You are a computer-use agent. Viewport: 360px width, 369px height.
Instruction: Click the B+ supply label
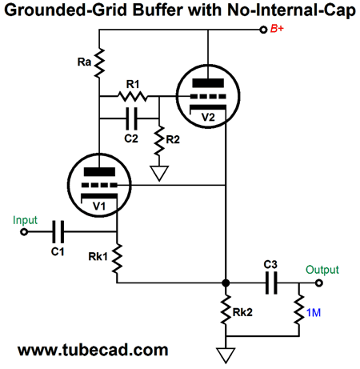pyautogui.click(x=277, y=29)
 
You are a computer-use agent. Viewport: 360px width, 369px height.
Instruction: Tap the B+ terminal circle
pyautogui.click(x=263, y=30)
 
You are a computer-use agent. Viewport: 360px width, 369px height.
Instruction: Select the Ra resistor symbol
pyautogui.click(x=99, y=63)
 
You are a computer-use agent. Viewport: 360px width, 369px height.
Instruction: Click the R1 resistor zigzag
pyautogui.click(x=133, y=96)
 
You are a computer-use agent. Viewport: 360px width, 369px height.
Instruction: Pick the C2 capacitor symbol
pyautogui.click(x=131, y=118)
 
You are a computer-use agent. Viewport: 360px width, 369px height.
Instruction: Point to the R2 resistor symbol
pyautogui.click(x=159, y=141)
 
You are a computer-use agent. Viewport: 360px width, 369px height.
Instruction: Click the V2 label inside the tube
pyautogui.click(x=208, y=117)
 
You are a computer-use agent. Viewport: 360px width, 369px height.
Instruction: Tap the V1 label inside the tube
pyautogui.click(x=99, y=207)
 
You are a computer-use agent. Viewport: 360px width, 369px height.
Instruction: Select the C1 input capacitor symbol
pyautogui.click(x=58, y=231)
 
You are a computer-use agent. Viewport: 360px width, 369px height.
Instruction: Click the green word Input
pyautogui.click(x=25, y=220)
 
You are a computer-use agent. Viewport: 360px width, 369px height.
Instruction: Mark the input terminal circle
pyautogui.click(x=24, y=232)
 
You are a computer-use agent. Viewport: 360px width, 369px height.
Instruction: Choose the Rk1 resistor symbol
pyautogui.click(x=117, y=259)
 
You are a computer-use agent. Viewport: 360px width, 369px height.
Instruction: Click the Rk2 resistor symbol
pyautogui.click(x=226, y=310)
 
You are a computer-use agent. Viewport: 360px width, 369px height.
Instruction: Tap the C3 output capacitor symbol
pyautogui.click(x=271, y=283)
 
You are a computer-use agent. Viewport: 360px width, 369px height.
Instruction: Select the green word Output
pyautogui.click(x=322, y=270)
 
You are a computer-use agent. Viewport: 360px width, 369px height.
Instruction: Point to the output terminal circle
pyautogui.click(x=319, y=283)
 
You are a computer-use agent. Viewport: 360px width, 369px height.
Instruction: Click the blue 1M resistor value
pyautogui.click(x=314, y=313)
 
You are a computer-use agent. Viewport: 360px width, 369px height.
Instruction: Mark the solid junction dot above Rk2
pyautogui.click(x=226, y=283)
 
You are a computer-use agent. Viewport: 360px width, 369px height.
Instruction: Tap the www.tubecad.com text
pyautogui.click(x=93, y=351)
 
